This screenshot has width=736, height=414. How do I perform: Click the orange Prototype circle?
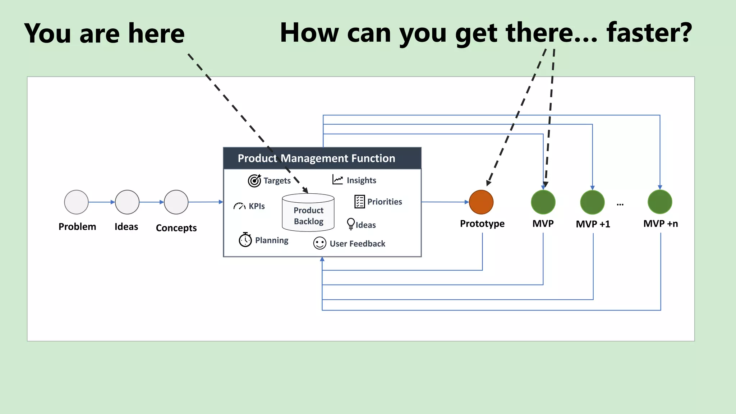(x=481, y=202)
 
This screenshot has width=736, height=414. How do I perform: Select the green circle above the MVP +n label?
(x=660, y=202)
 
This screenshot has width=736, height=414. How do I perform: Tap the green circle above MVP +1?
(x=592, y=202)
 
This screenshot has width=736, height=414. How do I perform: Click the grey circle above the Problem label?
(x=76, y=202)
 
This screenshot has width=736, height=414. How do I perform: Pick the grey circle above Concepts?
(x=176, y=202)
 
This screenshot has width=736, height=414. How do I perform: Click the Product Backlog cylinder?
(x=308, y=213)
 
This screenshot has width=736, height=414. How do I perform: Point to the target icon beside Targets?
(x=254, y=180)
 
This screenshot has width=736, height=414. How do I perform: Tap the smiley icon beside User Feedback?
(x=319, y=243)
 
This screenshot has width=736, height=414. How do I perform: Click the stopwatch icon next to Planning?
(x=245, y=240)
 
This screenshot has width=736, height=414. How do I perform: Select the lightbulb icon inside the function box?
(x=351, y=224)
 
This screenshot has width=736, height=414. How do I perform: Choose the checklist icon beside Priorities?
(x=359, y=202)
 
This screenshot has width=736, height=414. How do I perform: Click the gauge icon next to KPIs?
(x=239, y=206)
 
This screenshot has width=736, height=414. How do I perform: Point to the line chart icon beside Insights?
(x=337, y=180)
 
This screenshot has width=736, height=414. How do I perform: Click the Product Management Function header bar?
(x=322, y=158)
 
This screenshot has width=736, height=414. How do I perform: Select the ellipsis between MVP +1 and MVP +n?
(x=620, y=204)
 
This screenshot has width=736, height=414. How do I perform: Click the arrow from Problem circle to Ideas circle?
(x=102, y=202)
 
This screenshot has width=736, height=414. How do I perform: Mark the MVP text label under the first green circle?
(x=543, y=224)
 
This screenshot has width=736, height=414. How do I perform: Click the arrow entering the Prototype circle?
(x=446, y=202)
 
